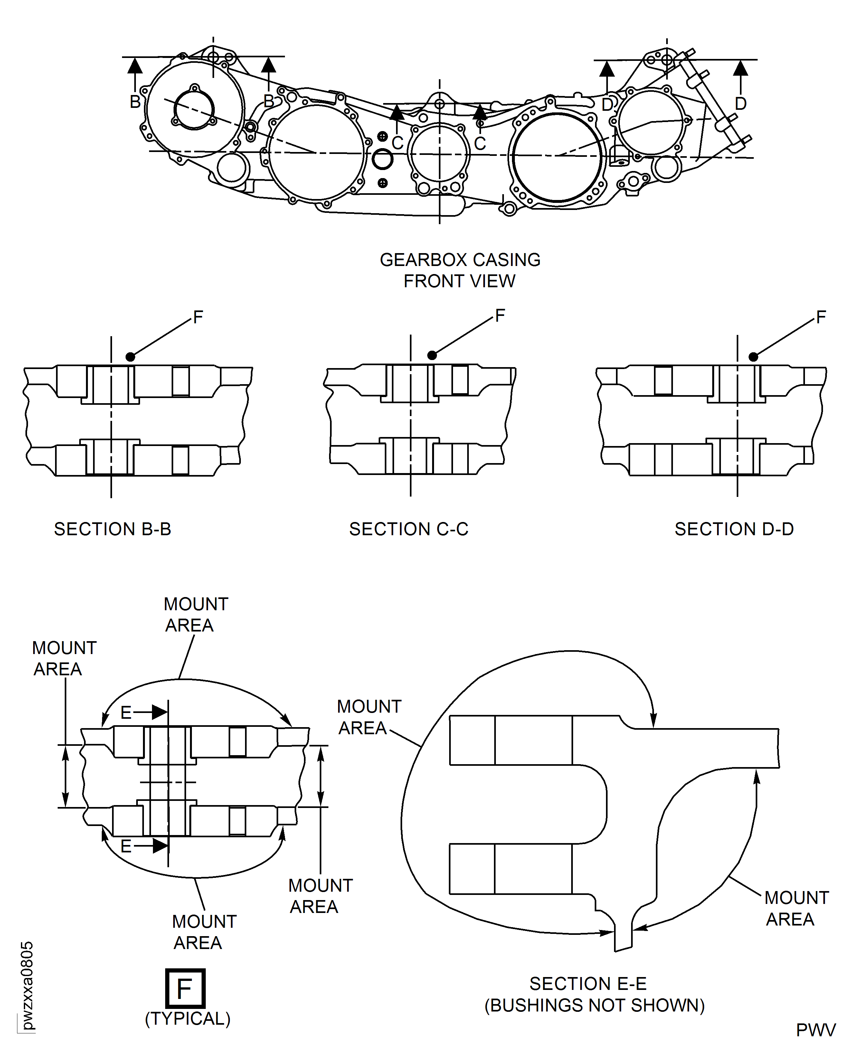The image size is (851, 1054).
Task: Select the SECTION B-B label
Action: click(x=112, y=529)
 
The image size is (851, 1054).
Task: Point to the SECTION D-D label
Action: click(x=734, y=529)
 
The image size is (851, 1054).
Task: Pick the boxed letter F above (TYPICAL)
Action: click(x=185, y=989)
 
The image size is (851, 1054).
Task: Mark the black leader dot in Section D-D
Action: click(x=753, y=357)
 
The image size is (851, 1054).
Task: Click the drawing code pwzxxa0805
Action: click(x=27, y=985)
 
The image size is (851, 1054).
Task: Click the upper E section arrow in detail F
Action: click(x=159, y=712)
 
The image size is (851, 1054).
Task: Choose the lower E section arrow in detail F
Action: click(x=159, y=846)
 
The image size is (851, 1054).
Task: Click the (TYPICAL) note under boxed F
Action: click(x=187, y=1019)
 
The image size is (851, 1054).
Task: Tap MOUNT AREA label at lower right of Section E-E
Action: click(x=796, y=908)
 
